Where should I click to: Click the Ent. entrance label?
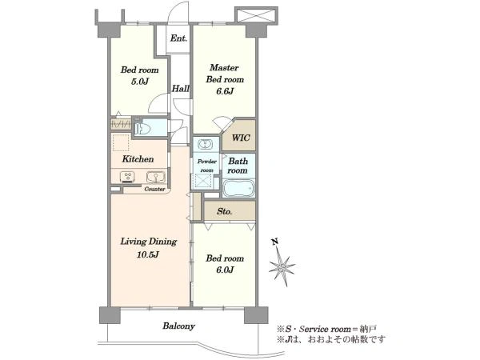tap(178, 38)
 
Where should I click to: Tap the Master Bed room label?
tap(225, 74)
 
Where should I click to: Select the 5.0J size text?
tap(140, 82)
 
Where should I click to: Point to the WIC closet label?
tap(241, 138)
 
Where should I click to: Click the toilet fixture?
tap(142, 126)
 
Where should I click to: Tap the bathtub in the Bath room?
tap(238, 188)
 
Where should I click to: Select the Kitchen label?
tap(138, 159)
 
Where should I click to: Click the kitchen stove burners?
tap(127, 177)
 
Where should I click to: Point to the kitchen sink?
tap(156, 177)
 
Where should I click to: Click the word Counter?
tap(154, 189)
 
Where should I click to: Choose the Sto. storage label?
tap(224, 211)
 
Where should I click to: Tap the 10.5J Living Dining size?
tap(147, 254)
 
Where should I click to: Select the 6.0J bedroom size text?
tap(225, 270)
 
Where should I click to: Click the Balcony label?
tap(178, 326)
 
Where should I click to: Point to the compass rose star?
tap(282, 267)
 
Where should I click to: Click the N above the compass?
tap(275, 242)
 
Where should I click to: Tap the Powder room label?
tap(207, 166)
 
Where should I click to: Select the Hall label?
tap(180, 89)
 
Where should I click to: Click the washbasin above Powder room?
tap(205, 144)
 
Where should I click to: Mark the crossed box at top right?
tap(257, 15)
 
